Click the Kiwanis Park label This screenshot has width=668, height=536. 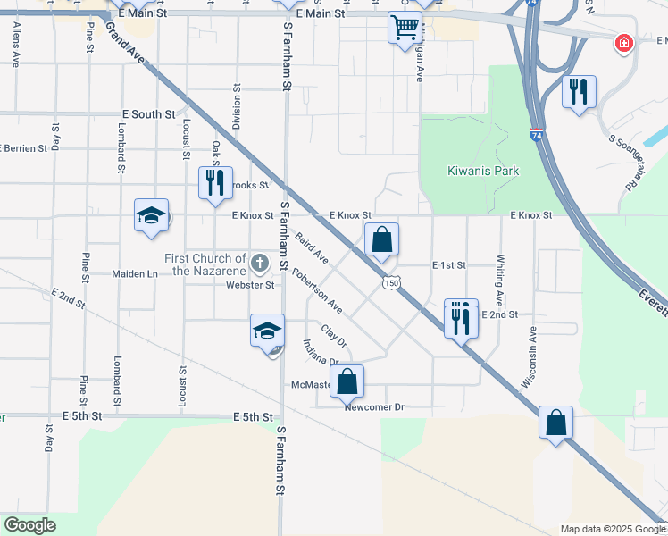[x=483, y=171]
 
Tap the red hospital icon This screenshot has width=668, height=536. [x=624, y=43]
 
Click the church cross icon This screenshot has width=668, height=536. [x=259, y=263]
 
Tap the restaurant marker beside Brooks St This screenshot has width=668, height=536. [x=214, y=182]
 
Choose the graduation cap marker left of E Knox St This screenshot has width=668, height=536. [x=151, y=214]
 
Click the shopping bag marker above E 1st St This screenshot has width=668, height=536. [x=381, y=239]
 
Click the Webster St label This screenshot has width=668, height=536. [x=249, y=285]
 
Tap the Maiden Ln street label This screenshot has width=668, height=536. [x=134, y=273]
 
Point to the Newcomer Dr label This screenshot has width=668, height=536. [x=374, y=407]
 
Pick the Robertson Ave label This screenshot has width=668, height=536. [x=317, y=289]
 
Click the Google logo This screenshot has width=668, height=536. [x=30, y=525]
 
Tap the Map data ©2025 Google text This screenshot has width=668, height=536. [x=611, y=529]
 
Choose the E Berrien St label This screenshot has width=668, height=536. [x=23, y=148]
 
